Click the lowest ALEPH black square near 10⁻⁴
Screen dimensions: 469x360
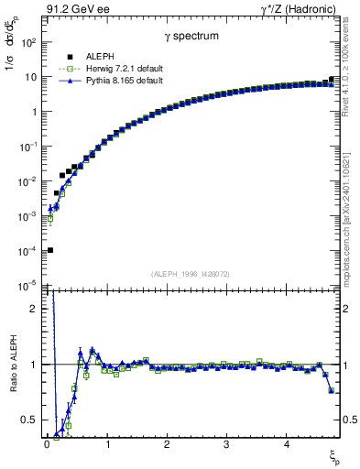(x=50, y=250)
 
